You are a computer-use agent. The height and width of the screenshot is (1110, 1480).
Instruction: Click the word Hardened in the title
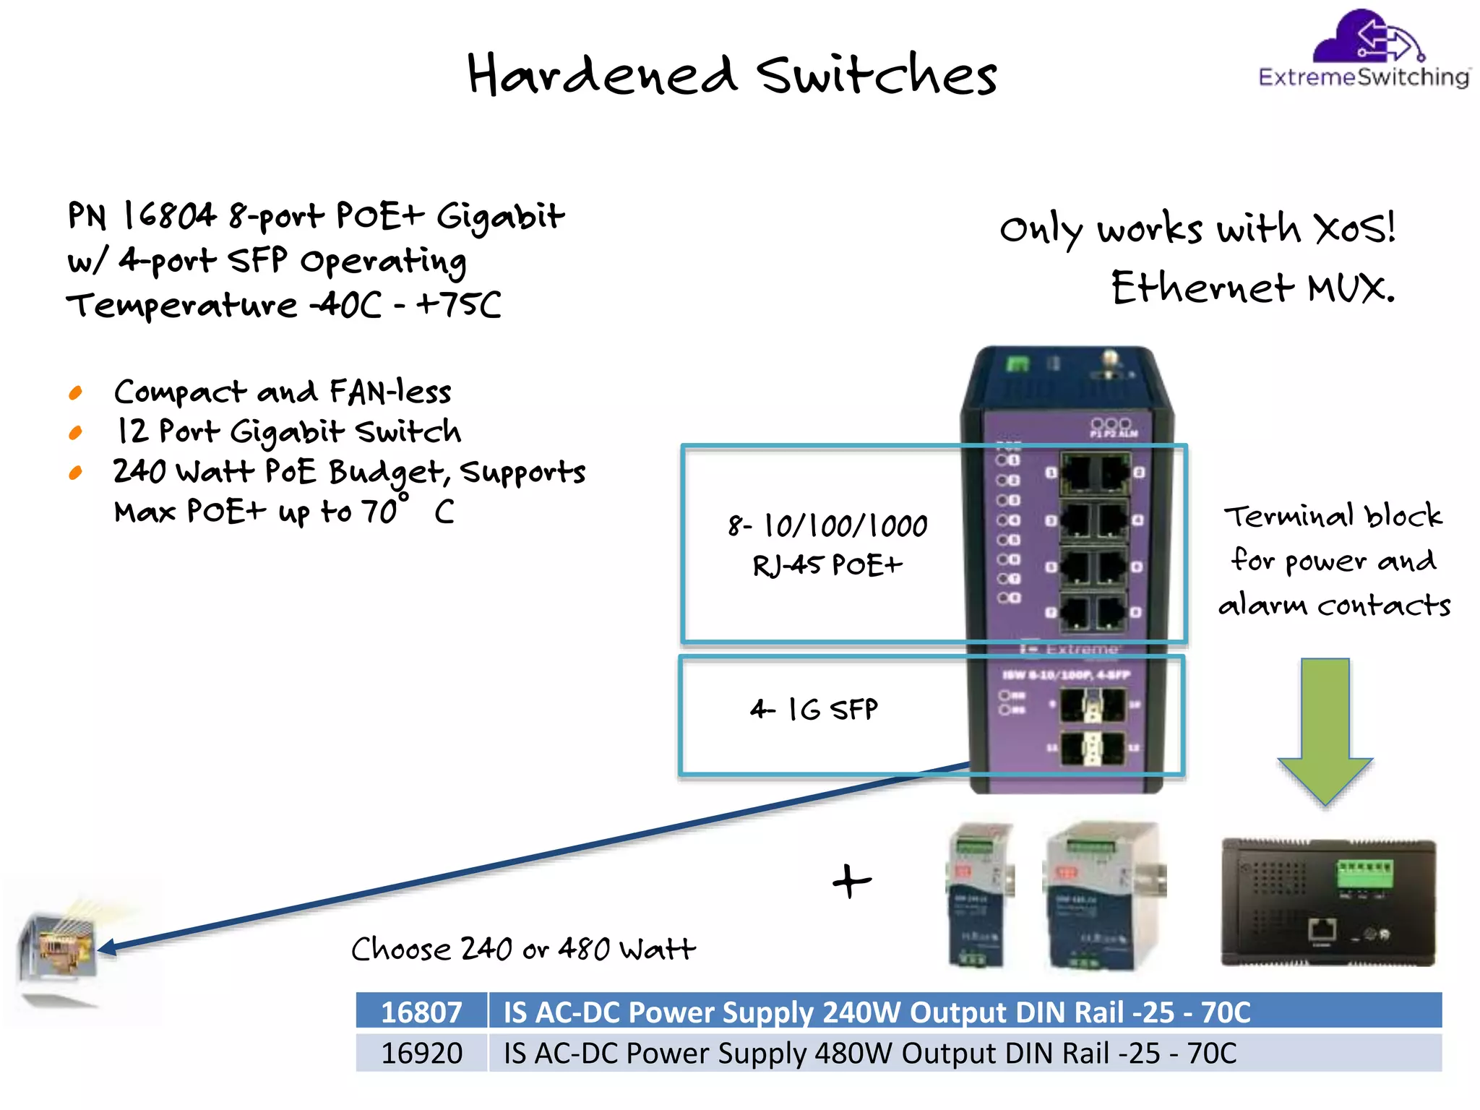tap(601, 75)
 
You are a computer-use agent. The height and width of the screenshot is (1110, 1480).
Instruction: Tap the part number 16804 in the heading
tap(169, 215)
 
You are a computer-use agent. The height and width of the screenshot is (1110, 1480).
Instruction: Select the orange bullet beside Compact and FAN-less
tap(76, 393)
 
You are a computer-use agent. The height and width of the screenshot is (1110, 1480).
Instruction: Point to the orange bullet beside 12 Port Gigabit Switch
tap(76, 433)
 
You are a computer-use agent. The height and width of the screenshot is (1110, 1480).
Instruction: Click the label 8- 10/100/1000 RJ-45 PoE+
tap(827, 545)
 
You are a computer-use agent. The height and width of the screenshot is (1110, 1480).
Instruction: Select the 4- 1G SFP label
tap(814, 709)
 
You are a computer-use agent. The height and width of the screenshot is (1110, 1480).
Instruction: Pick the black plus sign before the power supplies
tap(852, 881)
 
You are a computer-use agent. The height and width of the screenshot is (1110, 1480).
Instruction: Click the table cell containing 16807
tap(421, 1012)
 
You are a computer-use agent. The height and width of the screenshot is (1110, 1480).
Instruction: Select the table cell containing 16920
tap(421, 1053)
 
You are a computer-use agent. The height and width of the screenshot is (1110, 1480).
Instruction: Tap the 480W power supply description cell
tap(869, 1053)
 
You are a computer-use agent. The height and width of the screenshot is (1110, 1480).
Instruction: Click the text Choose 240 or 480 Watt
tap(523, 949)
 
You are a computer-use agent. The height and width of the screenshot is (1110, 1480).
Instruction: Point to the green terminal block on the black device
tap(1364, 872)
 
